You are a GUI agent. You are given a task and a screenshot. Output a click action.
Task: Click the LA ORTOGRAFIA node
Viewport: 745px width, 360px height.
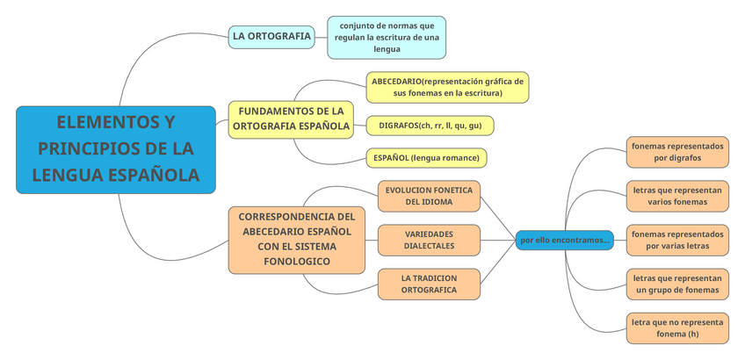pos(271,37)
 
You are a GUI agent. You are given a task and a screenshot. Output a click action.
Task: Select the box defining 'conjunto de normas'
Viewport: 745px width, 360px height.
pos(387,37)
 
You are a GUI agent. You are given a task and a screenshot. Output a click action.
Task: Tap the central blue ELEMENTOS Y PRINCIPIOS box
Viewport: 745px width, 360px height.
pos(116,149)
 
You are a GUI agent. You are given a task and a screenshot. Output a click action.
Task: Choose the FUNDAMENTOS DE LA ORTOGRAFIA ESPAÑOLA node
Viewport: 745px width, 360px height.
pos(291,119)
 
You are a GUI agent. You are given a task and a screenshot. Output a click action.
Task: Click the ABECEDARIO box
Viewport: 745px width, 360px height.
pos(447,87)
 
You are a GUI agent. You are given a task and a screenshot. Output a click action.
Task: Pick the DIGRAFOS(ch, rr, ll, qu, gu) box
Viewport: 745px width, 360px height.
pos(430,126)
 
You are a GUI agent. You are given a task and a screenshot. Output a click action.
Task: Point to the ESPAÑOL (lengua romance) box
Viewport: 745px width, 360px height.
pos(426,158)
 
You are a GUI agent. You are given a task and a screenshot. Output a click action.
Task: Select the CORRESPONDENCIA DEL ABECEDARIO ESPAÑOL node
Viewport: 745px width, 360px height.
pos(296,239)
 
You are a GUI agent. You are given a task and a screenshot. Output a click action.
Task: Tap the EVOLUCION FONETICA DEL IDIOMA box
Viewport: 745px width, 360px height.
pos(430,196)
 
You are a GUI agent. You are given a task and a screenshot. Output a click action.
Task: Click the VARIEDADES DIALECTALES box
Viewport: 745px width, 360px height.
pos(429,240)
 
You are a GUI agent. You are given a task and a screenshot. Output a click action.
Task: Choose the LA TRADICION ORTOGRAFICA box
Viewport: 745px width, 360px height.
pos(429,284)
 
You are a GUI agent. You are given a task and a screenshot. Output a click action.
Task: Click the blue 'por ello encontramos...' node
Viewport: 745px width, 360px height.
pos(564,240)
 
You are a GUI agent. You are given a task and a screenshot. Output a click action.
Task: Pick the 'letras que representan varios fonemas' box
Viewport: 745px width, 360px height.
pos(677,196)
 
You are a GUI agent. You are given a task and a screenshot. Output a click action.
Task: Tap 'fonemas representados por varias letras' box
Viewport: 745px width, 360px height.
pos(677,240)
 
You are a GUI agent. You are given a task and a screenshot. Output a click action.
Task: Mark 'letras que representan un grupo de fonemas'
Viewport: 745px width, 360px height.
pos(677,284)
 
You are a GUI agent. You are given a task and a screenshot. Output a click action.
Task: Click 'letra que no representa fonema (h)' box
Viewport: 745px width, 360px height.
pos(677,328)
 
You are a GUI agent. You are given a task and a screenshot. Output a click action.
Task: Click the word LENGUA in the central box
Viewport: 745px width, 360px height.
pos(66,175)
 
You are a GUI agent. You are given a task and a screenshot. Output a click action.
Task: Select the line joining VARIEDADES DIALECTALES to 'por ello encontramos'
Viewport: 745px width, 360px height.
pos(498,240)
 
